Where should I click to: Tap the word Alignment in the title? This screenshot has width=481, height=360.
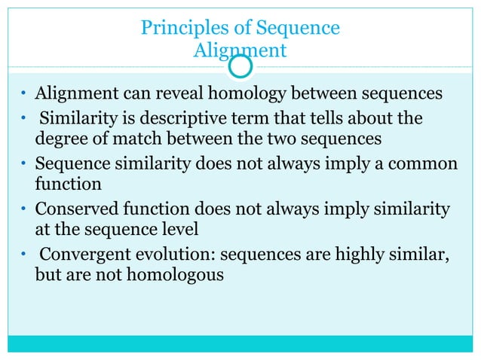click(x=240, y=50)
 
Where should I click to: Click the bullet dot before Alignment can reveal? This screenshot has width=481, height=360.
click(x=23, y=96)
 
